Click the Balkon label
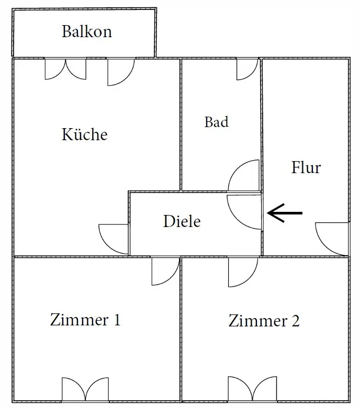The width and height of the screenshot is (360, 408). coord(87,31)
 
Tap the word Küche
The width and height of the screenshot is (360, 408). coord(85,134)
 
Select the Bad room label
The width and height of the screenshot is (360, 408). coord(216,122)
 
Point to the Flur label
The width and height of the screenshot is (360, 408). coord(306,168)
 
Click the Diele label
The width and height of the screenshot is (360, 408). coord(182,221)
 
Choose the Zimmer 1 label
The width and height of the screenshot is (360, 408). coord(85,320)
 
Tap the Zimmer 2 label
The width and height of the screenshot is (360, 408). coord(264,321)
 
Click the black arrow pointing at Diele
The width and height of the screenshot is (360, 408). coord(285,213)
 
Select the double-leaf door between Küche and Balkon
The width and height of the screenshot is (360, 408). coord(65,69)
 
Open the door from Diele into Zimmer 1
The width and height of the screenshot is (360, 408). coord(165,271)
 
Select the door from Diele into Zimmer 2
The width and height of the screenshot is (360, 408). coord(242,271)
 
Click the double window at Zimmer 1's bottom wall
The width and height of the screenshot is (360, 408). coord(85,390)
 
